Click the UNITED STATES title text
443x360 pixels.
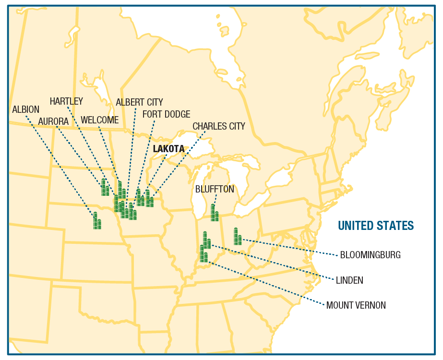tap(375, 226)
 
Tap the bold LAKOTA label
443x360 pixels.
tap(168, 149)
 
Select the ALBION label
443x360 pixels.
tap(26, 109)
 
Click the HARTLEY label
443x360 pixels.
tap(66, 101)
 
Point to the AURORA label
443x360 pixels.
tap(53, 121)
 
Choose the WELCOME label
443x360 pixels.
tap(99, 120)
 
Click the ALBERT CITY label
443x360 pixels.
tap(139, 102)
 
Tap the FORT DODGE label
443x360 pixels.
tap(166, 114)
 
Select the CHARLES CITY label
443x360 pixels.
tap(219, 126)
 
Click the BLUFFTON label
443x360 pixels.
tap(215, 189)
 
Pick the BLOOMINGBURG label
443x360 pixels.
tap(370, 255)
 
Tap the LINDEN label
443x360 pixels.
tap(349, 280)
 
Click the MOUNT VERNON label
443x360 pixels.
tap(356, 305)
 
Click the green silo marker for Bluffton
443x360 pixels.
tap(215, 213)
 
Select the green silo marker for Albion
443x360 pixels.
tap(97, 221)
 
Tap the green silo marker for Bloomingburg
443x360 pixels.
tap(237, 237)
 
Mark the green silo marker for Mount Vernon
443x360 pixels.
tap(204, 254)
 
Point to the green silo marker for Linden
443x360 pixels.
tap(206, 240)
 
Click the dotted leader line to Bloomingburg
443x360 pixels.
tap(288, 246)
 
